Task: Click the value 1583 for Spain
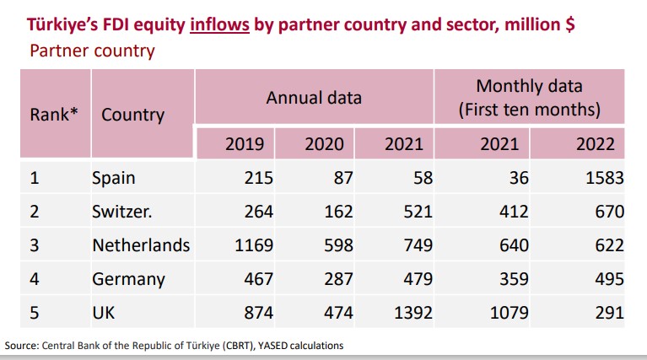pos(601,179)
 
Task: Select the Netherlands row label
pos(141,245)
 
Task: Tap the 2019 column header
pos(245,144)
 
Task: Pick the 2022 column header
pos(595,144)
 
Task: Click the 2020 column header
pos(324,144)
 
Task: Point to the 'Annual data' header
pos(314,98)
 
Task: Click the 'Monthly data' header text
pos(529,86)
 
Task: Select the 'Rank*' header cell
pos(54,114)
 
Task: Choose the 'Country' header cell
pos(132,114)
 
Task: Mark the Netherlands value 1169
pos(251,245)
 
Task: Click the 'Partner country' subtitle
pos(92,51)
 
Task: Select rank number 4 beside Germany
pos(35,279)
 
